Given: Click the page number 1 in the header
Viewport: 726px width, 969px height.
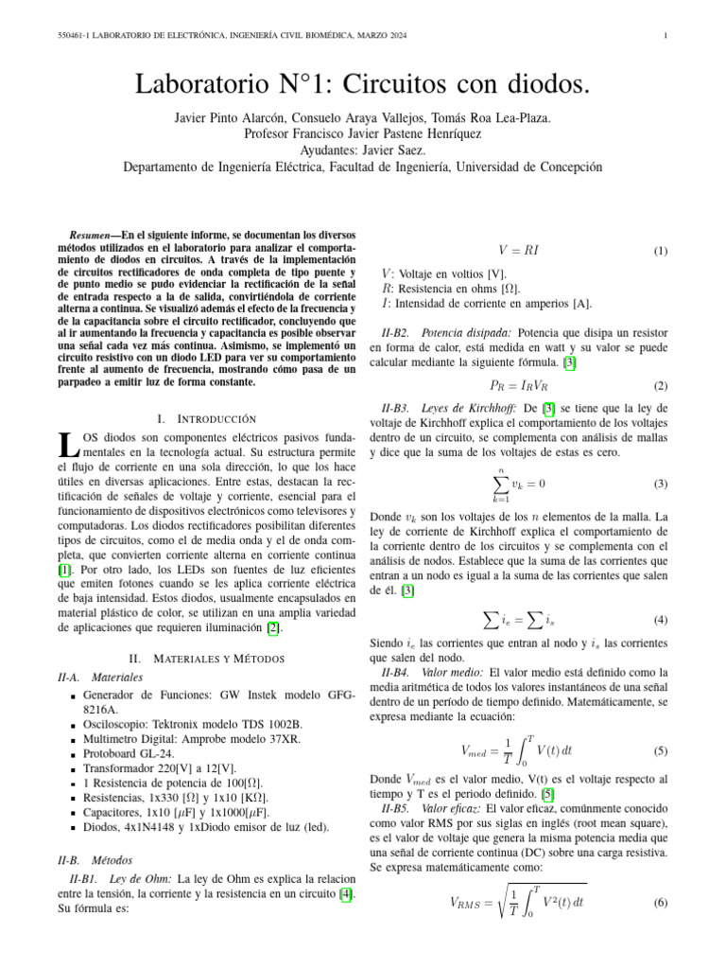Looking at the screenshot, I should tap(666, 37).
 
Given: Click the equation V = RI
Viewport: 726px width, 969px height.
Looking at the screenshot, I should tap(518, 252).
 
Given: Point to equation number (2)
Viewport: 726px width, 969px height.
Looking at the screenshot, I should tap(660, 386).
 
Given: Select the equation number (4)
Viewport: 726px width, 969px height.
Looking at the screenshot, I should tap(660, 621).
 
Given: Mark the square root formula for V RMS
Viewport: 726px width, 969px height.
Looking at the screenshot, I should tap(518, 902).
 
